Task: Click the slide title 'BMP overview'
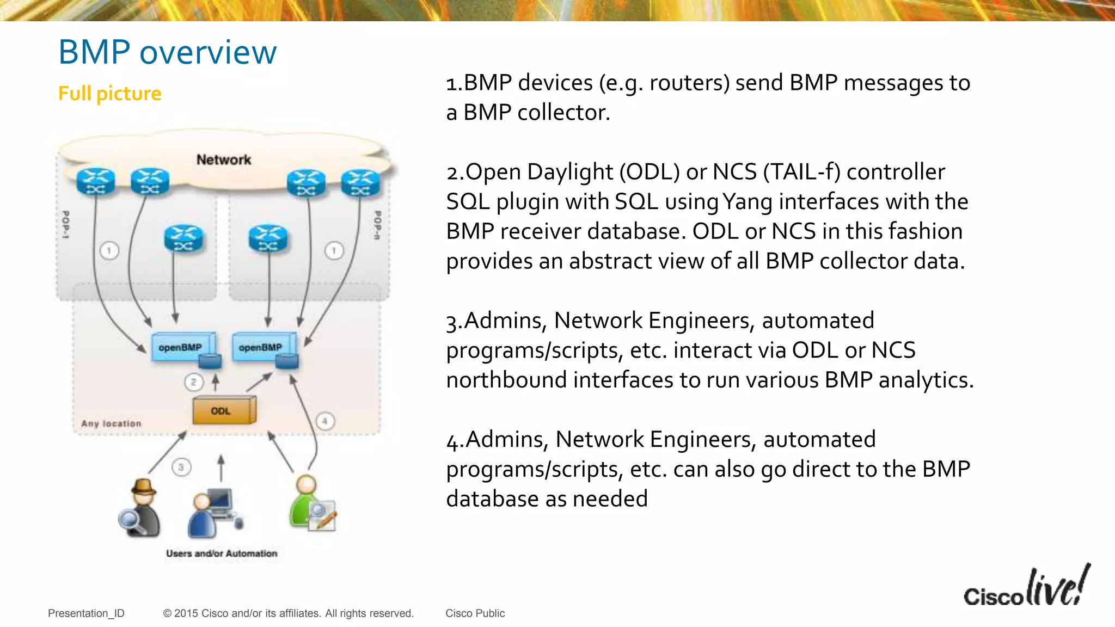click(x=167, y=52)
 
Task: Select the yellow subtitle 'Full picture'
click(x=109, y=94)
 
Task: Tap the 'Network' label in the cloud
click(x=224, y=159)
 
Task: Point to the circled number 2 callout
click(x=193, y=382)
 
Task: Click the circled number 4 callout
click(x=325, y=421)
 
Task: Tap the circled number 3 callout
click(x=181, y=467)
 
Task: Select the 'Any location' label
click(x=111, y=423)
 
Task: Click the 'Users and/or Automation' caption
click(x=222, y=554)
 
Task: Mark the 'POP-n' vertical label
click(x=377, y=225)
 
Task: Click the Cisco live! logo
click(x=1026, y=588)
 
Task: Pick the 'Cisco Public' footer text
click(x=475, y=613)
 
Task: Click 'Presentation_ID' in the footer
click(x=86, y=613)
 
